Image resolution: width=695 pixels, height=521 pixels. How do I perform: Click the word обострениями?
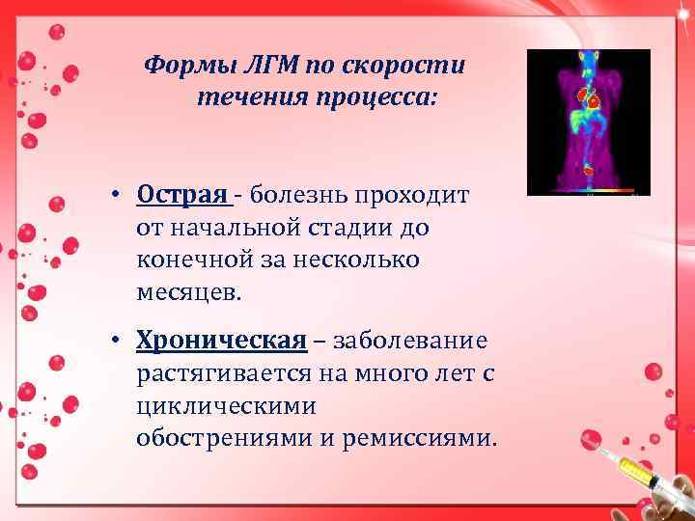click(x=223, y=438)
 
